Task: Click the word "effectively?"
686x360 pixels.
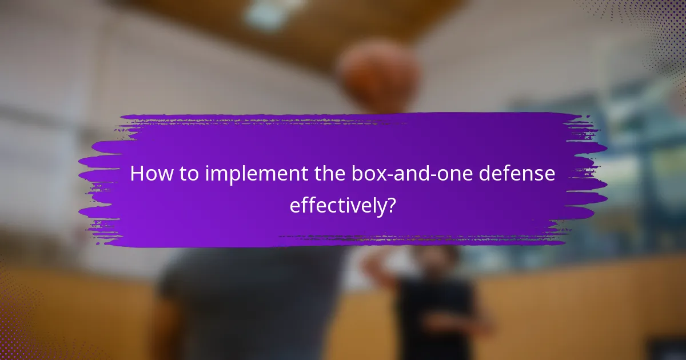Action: [342, 205]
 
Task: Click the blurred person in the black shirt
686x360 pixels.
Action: [434, 303]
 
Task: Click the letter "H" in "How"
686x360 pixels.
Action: [137, 174]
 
